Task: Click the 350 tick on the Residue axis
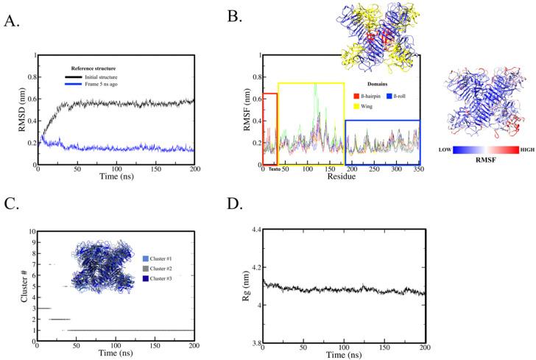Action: click(x=420, y=169)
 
